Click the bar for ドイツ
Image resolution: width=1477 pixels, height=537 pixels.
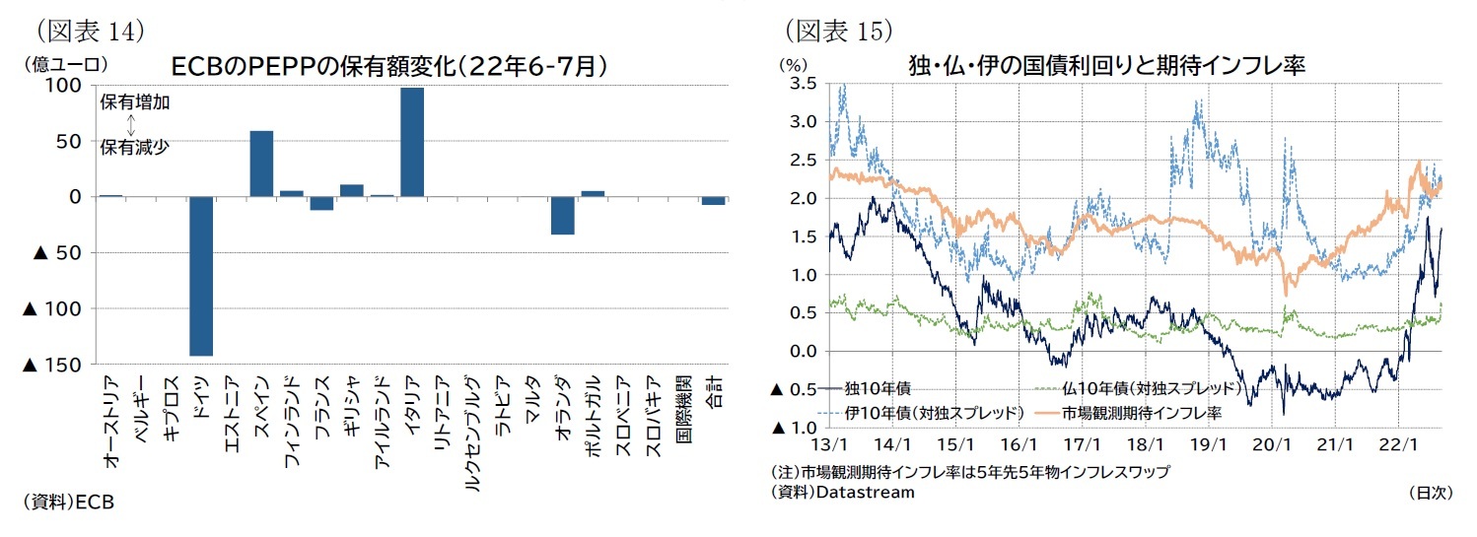pos(201,276)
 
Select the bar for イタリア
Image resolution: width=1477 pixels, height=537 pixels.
pos(412,142)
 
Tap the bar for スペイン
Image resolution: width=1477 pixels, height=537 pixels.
pos(261,164)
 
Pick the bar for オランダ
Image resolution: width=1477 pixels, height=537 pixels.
pos(562,216)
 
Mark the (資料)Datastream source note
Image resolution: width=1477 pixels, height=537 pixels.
pos(843,492)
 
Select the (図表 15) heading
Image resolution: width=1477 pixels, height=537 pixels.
pos(838,30)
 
